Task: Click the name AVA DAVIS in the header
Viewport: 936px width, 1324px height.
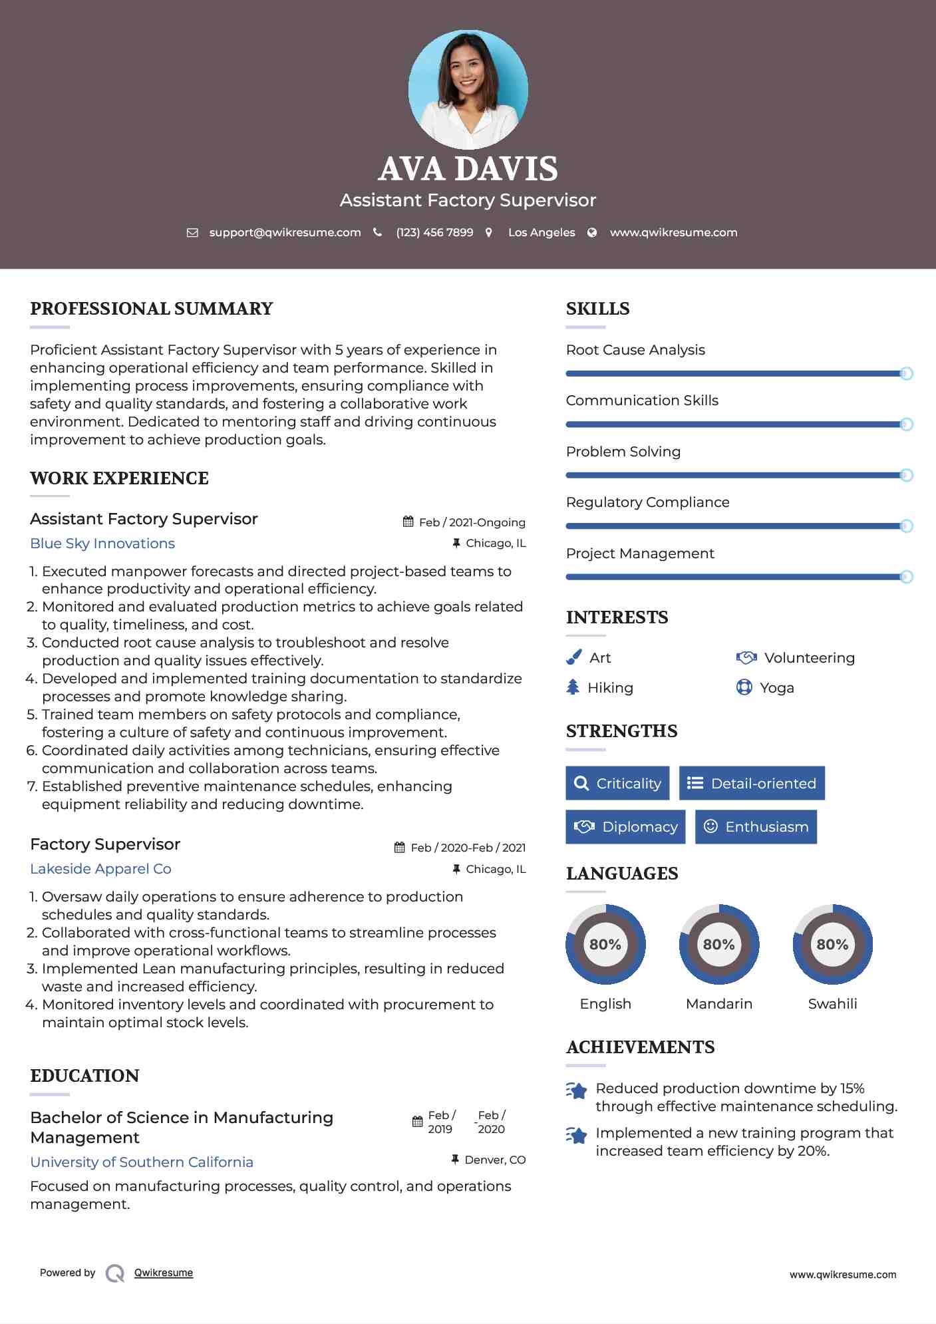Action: pos(468,169)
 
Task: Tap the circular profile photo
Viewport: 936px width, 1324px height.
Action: pos(468,89)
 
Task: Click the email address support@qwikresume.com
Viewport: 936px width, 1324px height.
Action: pos(285,232)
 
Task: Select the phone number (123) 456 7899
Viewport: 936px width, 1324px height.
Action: pos(434,232)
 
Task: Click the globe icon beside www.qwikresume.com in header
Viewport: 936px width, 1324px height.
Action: pos(592,232)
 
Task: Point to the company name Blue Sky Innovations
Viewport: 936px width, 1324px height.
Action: pos(102,544)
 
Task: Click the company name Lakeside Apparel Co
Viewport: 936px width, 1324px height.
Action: pos(100,869)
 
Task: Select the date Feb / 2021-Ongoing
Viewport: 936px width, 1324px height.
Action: pos(472,522)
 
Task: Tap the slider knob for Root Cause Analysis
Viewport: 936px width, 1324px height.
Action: pos(906,373)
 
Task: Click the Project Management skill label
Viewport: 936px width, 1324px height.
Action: pos(640,554)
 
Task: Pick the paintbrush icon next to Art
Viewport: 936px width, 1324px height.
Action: pos(573,657)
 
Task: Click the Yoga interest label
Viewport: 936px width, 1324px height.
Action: pos(777,688)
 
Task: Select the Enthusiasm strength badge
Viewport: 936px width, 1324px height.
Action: pos(756,827)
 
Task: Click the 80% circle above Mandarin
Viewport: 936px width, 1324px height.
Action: pos(719,944)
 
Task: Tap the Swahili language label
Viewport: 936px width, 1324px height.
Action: pos(832,1004)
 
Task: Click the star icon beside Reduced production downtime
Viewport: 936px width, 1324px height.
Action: pos(576,1090)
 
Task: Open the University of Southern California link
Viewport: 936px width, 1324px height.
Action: pos(142,1162)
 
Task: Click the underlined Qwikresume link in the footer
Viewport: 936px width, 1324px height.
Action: pos(164,1273)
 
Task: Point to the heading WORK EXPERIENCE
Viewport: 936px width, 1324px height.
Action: pos(119,478)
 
